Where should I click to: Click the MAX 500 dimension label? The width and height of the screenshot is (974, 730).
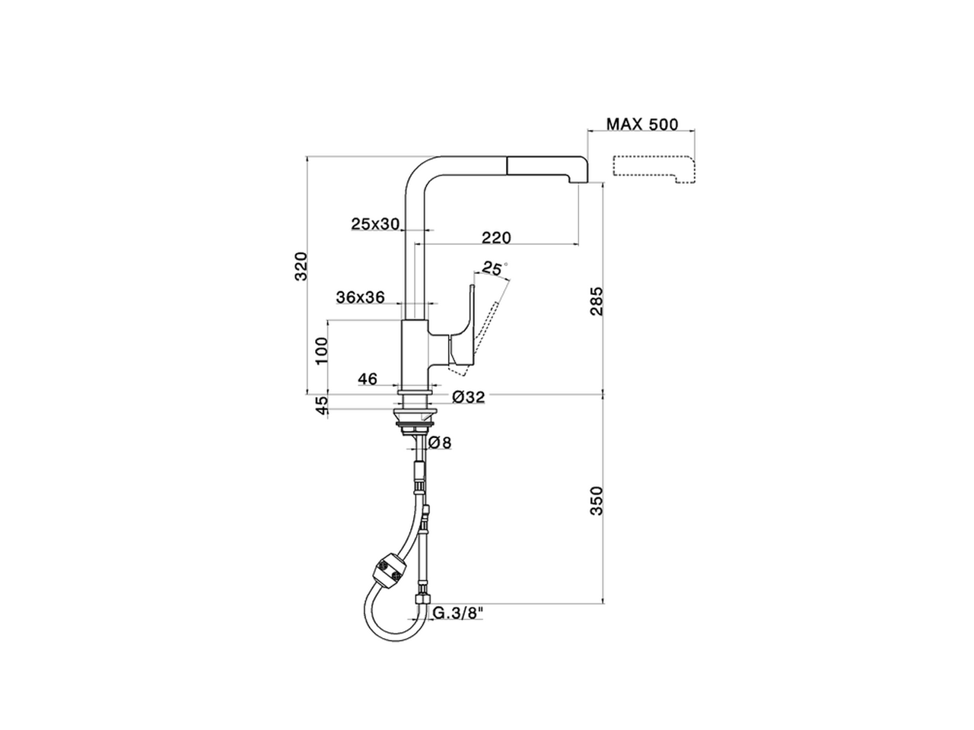(x=641, y=124)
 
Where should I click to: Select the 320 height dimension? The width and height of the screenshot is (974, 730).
(x=301, y=265)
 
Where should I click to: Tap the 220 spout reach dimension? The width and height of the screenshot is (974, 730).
(x=496, y=237)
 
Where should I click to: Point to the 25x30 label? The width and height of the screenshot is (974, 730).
(x=375, y=224)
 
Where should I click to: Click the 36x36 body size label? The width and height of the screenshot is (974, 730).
(x=360, y=297)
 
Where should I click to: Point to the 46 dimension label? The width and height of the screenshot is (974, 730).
(x=368, y=379)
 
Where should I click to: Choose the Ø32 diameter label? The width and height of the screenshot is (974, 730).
(x=468, y=397)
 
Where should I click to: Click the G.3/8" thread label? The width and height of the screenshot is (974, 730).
(x=460, y=612)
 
